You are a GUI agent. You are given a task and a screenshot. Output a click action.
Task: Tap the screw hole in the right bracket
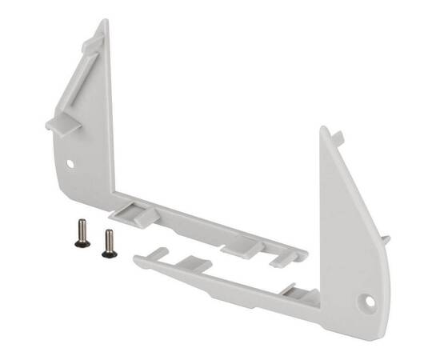(369, 302)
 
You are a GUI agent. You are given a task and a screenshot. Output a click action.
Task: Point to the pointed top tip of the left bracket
(104, 22)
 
